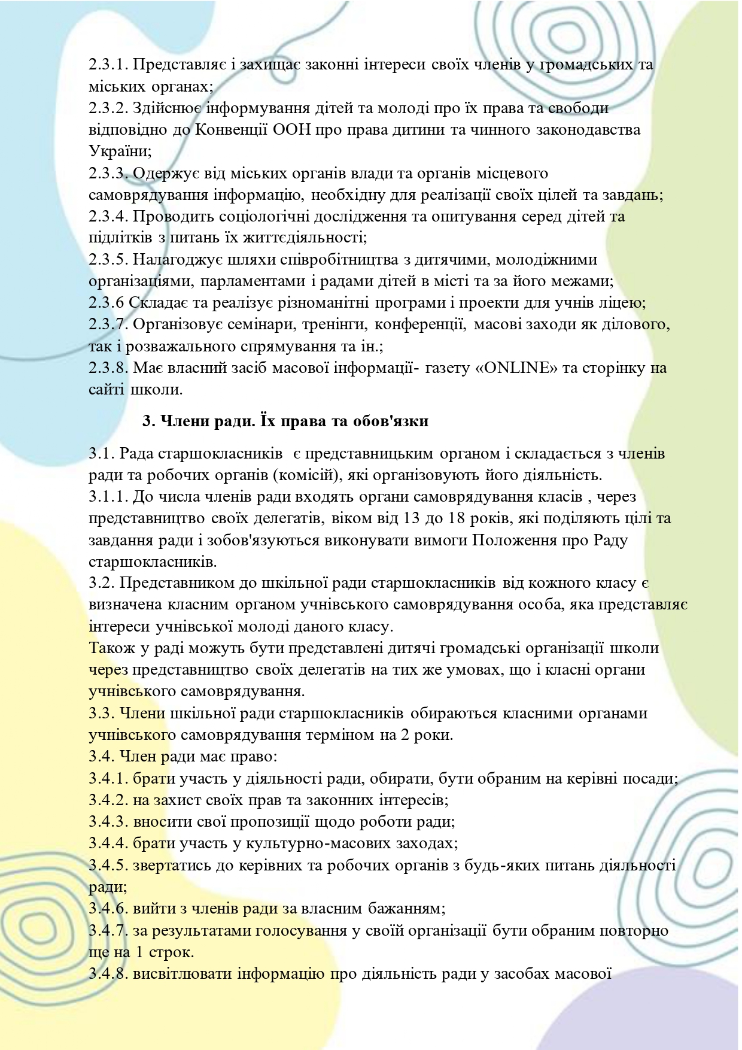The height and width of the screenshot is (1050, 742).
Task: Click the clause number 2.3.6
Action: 107,303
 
